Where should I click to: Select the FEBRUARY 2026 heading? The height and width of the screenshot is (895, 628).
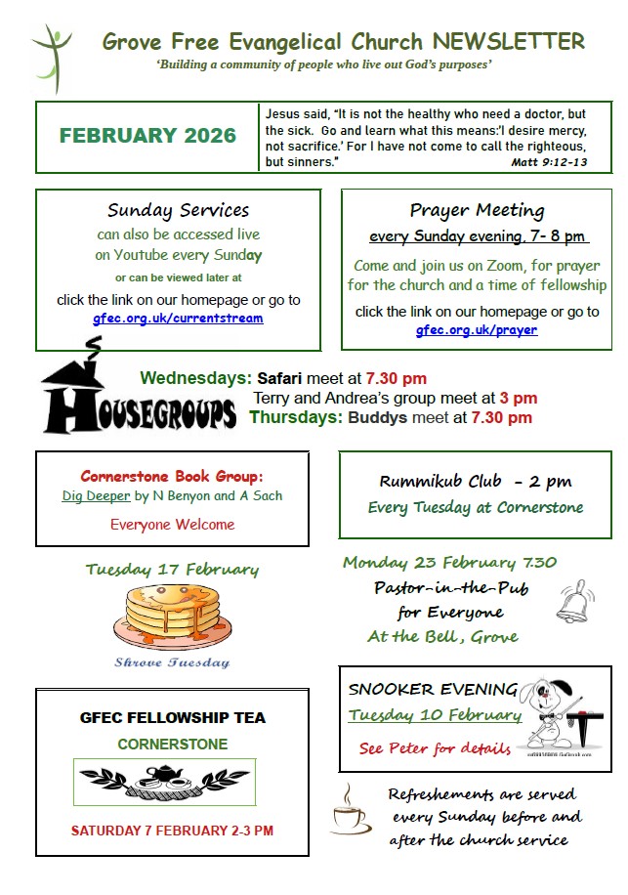147,136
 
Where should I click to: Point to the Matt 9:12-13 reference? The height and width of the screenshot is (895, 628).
549,162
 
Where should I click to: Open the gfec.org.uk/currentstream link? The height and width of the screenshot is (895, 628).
178,319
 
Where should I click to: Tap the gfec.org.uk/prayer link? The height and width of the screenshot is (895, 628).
477,330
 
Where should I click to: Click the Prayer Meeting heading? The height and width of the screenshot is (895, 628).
477,210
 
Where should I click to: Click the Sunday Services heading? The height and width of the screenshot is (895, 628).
178,210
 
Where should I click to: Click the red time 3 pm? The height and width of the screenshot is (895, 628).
518,399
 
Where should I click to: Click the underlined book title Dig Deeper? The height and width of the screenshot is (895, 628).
96,495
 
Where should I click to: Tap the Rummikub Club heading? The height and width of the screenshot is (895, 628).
476,481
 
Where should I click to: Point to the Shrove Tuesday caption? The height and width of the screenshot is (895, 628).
172,662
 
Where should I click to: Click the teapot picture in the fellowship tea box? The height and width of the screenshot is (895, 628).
165,779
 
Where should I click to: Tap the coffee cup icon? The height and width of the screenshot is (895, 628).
350,809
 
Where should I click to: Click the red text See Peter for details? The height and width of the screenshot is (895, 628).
435,749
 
